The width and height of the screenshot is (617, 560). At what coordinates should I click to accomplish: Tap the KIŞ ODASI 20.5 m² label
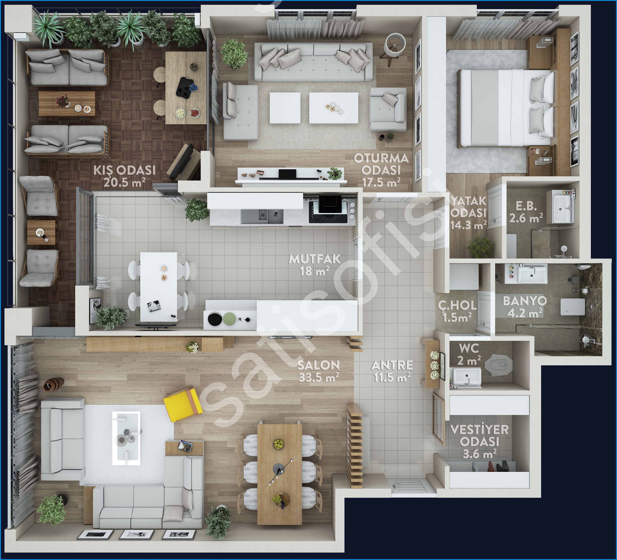point(124,176)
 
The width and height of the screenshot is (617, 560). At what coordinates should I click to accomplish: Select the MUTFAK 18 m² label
point(315,265)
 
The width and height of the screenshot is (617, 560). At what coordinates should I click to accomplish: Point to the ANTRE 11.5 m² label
point(392,371)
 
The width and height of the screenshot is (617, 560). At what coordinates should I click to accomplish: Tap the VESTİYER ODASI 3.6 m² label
point(480,441)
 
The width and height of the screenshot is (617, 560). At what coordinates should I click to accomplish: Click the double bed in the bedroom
point(506,108)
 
